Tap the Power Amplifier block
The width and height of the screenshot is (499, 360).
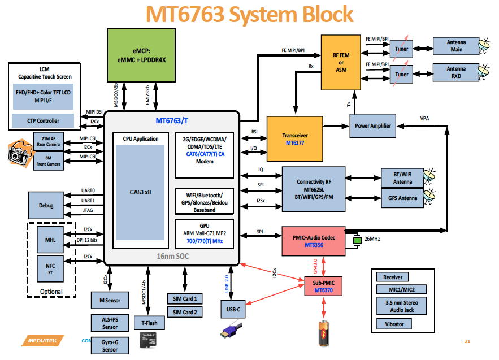[372, 125]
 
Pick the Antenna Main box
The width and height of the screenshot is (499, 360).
[455, 46]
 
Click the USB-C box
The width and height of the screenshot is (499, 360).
[234, 310]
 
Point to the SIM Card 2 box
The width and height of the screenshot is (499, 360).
[185, 313]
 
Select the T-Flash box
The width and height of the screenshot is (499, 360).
[149, 323]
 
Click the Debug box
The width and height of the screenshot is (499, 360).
[46, 206]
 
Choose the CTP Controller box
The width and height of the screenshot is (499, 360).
[44, 120]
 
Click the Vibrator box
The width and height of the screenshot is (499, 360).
[394, 324]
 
